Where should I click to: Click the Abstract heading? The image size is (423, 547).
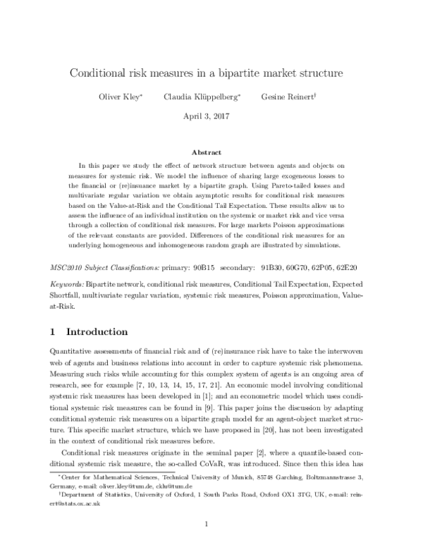pos(211,152)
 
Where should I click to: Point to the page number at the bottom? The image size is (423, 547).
pos(211,524)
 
